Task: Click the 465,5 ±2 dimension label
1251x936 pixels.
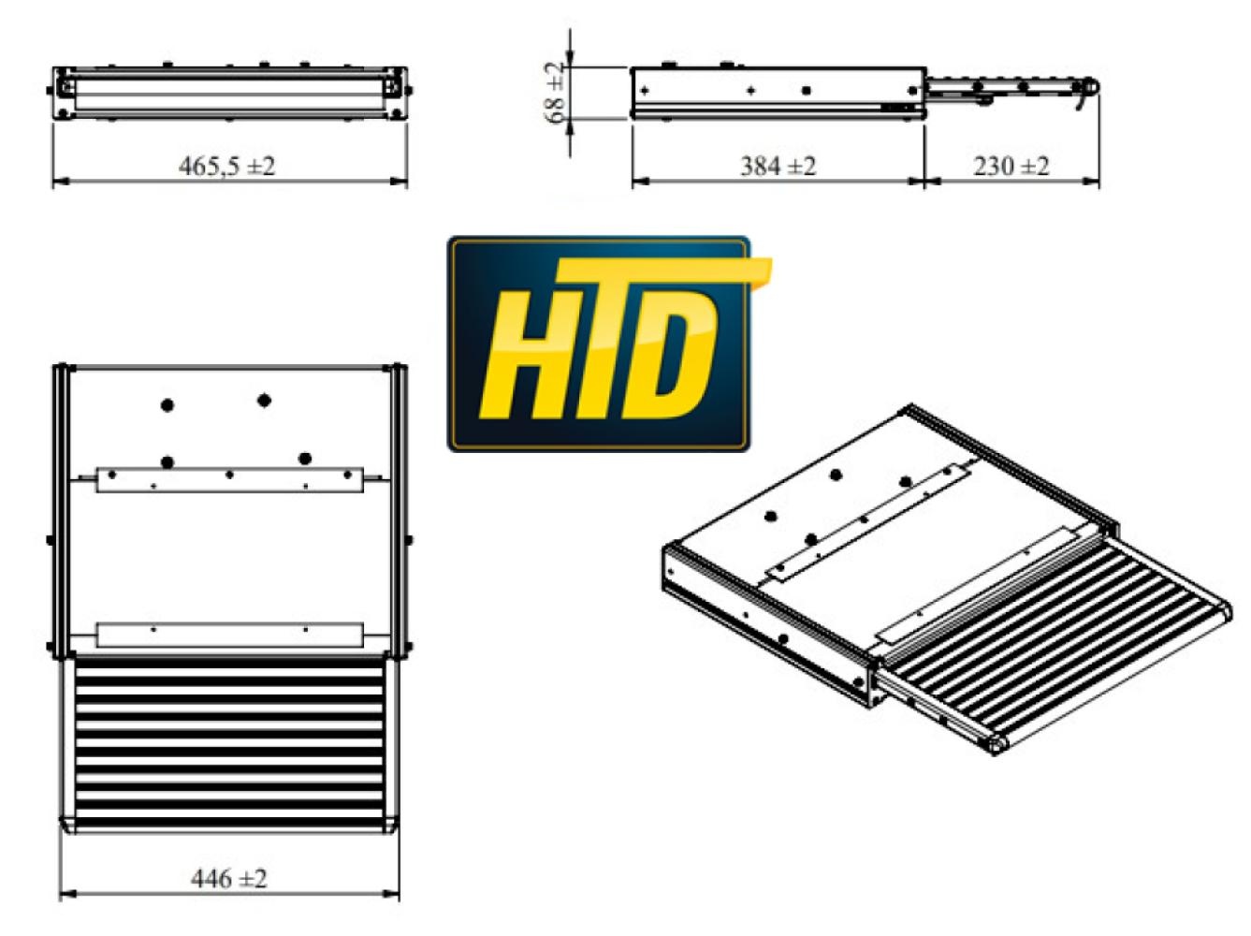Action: point(227,167)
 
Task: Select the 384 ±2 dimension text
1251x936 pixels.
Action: point(778,167)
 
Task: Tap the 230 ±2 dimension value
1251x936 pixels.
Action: point(1011,167)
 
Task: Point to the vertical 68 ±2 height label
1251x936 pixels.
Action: point(555,93)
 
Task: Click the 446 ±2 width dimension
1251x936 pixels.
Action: point(229,879)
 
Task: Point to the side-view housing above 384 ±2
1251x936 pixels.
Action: point(778,92)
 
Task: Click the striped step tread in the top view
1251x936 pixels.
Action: point(229,739)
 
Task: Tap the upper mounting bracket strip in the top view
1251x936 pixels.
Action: point(229,478)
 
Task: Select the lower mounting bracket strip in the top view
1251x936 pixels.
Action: point(229,635)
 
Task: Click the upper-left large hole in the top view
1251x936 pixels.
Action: point(167,405)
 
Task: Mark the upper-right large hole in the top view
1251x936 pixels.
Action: point(264,400)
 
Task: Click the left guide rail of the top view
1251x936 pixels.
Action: point(64,510)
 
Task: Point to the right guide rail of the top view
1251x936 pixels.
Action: point(396,510)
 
